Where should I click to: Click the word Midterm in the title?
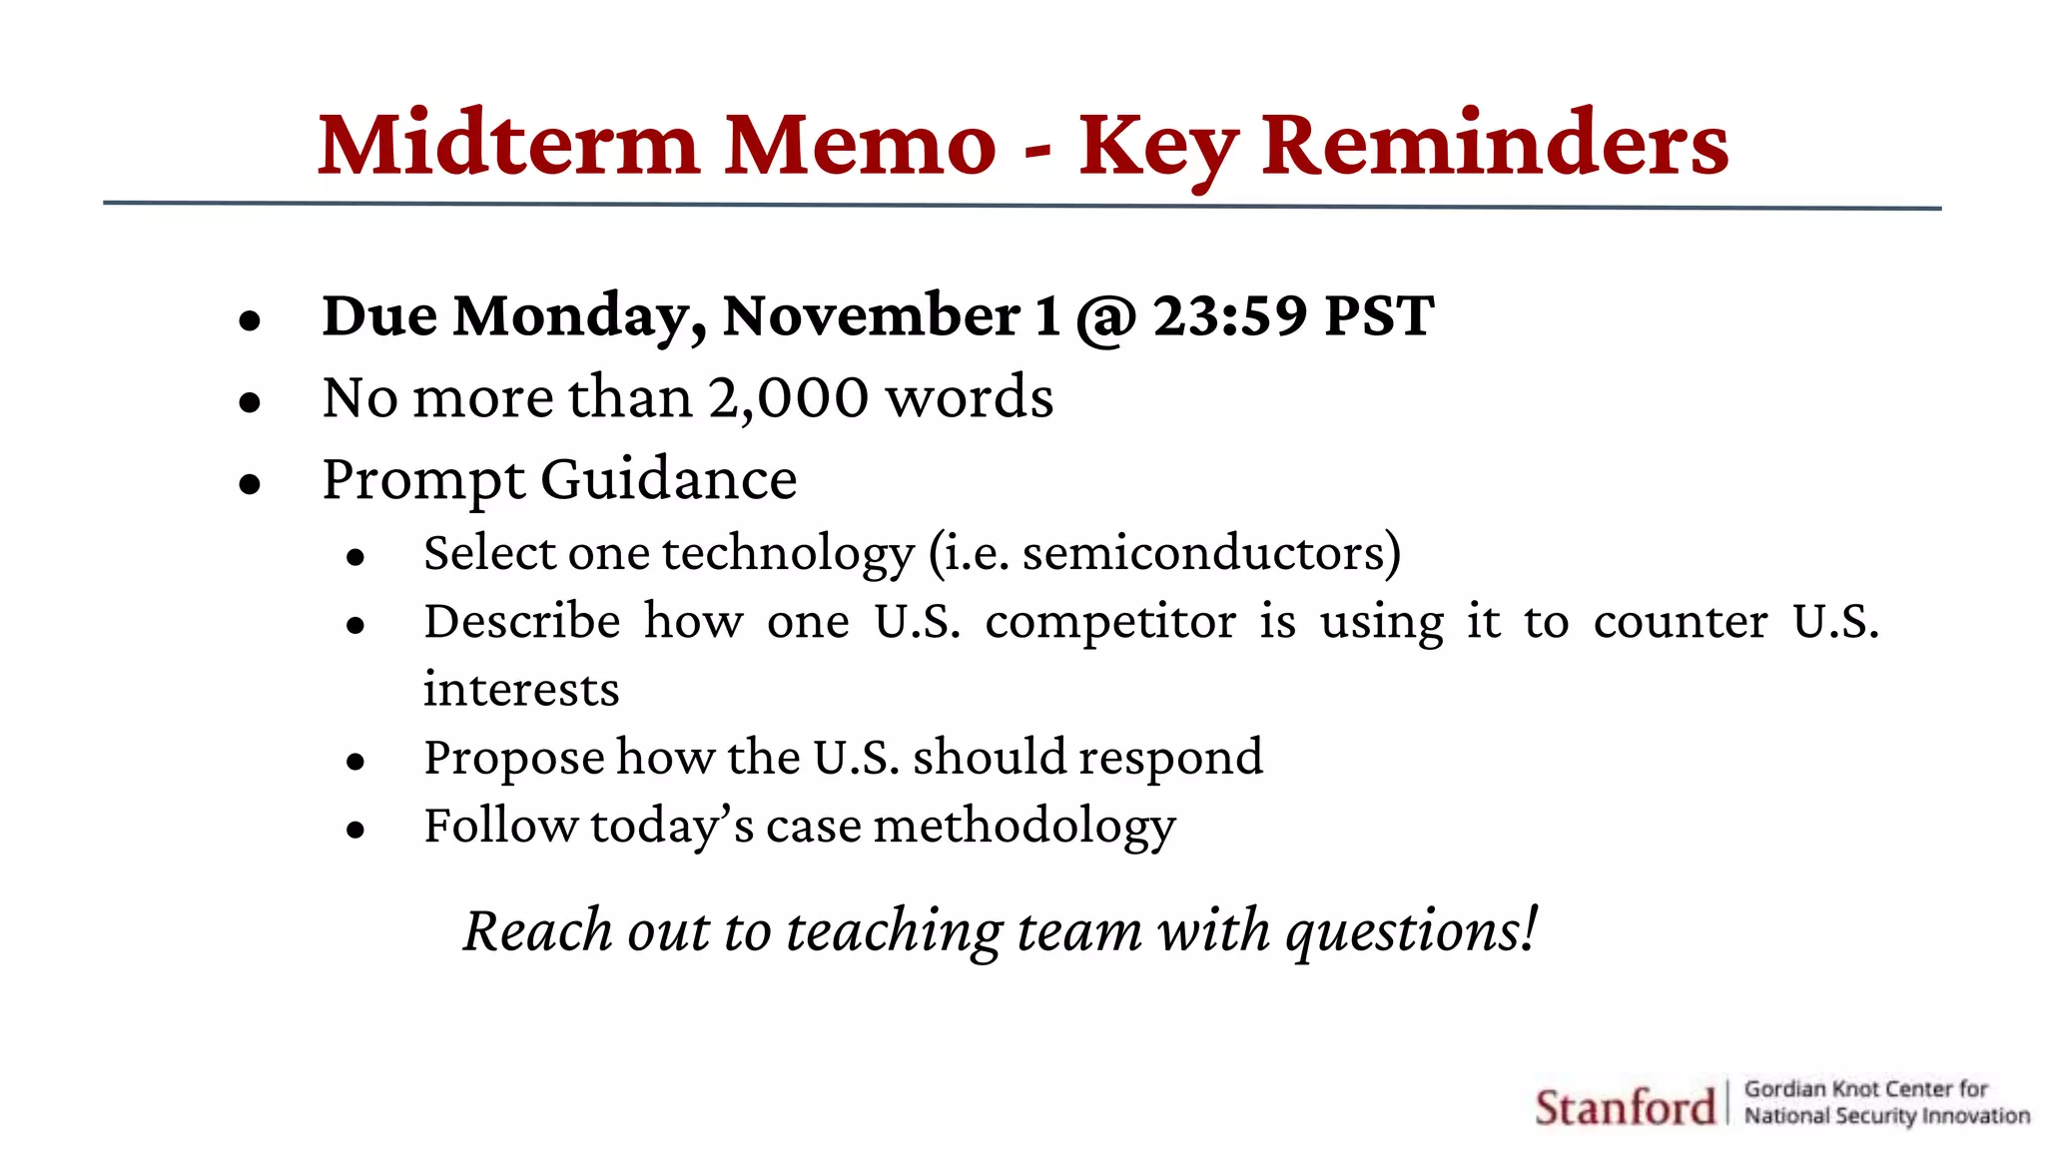[508, 145]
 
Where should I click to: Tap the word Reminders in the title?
[1495, 145]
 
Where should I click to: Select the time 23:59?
[1230, 315]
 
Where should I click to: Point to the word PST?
[1379, 315]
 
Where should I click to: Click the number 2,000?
[789, 398]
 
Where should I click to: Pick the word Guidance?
[669, 480]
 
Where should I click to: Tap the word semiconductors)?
[1211, 553]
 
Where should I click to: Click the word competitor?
[1110, 622]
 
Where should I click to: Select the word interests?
[521, 690]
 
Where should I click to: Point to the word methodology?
[1024, 828]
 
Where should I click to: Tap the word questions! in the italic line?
[1412, 931]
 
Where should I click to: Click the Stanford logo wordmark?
[1625, 1107]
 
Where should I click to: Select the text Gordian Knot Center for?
[1865, 1089]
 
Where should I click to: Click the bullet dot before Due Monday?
[250, 320]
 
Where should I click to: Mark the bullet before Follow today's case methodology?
[355, 830]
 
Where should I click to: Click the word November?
[871, 315]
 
